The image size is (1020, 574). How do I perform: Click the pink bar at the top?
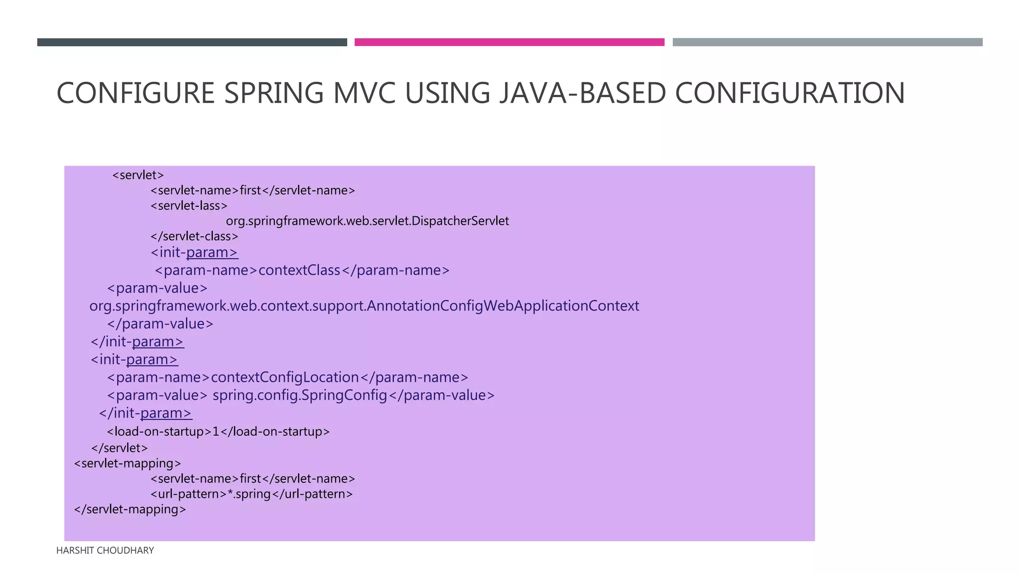coord(509,42)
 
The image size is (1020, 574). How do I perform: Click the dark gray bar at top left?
coord(192,42)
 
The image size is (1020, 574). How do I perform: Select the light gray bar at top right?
coord(827,42)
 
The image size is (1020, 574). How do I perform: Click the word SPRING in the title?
coord(273,93)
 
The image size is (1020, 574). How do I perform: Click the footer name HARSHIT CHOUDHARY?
coord(105,551)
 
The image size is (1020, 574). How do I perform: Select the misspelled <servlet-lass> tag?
coord(189,206)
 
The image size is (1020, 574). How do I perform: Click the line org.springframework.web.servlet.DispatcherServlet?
coord(367,221)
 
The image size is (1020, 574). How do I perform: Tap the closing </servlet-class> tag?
coord(194,237)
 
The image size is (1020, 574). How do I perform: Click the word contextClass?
coord(299,271)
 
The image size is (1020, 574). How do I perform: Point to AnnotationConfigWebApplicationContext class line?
coord(364,306)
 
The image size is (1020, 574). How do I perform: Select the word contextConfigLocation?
coord(285,378)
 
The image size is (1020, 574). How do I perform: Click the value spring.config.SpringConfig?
coord(300,396)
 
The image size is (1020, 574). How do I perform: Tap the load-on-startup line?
coord(218,431)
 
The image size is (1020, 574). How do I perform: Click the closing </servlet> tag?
coord(120,448)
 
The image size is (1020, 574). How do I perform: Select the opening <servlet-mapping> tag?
coord(127,463)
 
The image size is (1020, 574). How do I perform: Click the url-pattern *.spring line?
coord(252,494)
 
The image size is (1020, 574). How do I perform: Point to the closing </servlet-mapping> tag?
coord(130,510)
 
